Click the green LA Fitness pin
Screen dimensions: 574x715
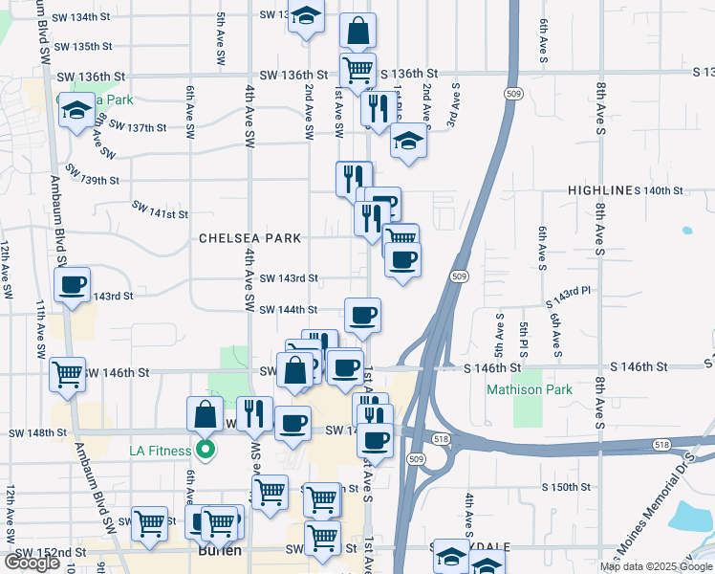[x=204, y=448]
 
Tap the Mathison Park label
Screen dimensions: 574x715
[x=530, y=389]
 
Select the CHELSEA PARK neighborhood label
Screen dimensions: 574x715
[x=249, y=238]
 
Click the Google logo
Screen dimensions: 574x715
[x=32, y=562]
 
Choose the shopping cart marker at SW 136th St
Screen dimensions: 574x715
[x=357, y=69]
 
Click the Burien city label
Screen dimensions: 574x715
[x=219, y=552]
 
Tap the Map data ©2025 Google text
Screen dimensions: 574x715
[x=655, y=566]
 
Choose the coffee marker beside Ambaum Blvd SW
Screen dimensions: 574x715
[x=73, y=284]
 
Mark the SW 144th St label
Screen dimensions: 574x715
[x=290, y=309]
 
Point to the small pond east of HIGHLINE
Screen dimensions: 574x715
[x=686, y=231]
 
